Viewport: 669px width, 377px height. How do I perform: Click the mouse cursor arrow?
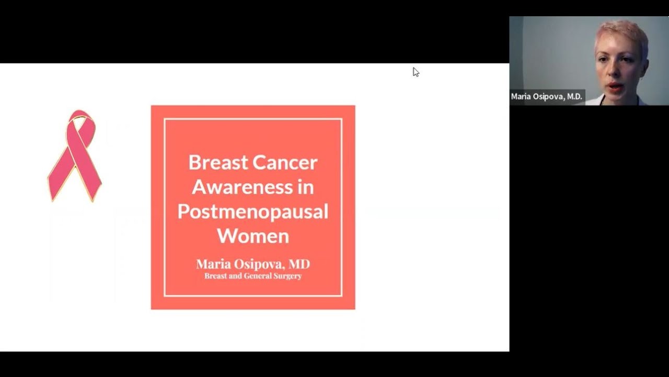coord(416,72)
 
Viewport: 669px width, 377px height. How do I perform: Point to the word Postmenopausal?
coord(253,212)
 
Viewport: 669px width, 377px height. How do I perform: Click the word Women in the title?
coord(253,236)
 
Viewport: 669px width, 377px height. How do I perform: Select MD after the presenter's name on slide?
coord(299,264)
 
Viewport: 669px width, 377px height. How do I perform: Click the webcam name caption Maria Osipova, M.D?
coord(546,97)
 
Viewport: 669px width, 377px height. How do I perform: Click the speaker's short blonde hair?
coord(622,32)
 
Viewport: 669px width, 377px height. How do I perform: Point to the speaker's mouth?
coord(616,86)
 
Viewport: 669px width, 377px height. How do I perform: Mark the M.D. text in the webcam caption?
coord(572,97)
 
